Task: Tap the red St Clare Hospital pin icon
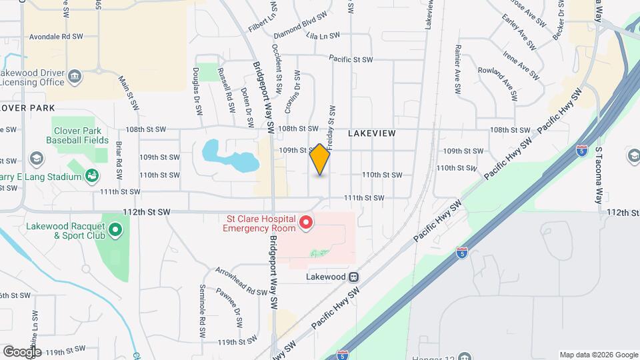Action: pos(306,222)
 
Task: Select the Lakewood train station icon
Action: pos(355,277)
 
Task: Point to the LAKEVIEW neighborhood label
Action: pos(372,133)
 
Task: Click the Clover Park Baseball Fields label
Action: pos(77,135)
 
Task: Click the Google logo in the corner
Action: pos(22,352)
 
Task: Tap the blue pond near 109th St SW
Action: pos(226,155)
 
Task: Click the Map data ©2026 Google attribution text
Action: pos(599,355)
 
